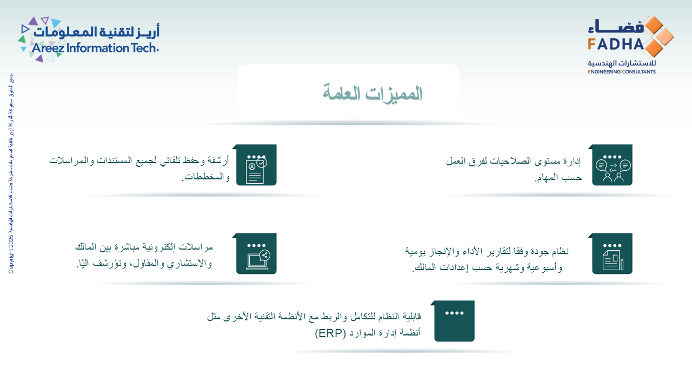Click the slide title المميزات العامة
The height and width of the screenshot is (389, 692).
[x=372, y=93]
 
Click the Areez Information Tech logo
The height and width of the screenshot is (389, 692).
[x=89, y=39]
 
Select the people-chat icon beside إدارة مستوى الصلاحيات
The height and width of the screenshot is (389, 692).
[x=613, y=166]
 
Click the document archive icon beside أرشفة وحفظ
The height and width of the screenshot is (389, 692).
[x=256, y=166]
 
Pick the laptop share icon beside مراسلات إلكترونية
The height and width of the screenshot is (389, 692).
[x=256, y=254]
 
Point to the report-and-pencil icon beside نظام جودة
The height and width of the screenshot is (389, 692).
[x=613, y=254]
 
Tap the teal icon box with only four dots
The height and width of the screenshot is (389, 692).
[x=454, y=321]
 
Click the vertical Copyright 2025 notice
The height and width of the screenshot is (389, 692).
[x=11, y=173]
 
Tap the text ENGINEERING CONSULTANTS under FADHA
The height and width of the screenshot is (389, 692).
[x=622, y=71]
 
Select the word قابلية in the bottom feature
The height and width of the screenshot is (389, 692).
[x=408, y=316]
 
